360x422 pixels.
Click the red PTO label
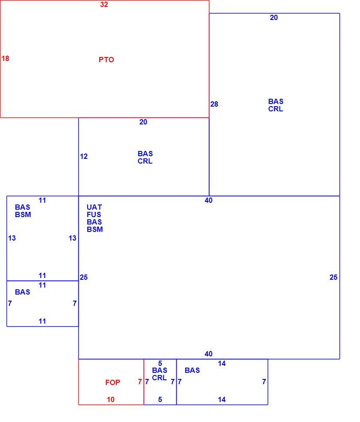(x=106, y=60)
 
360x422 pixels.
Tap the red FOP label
(x=113, y=382)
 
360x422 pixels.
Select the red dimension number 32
(x=104, y=4)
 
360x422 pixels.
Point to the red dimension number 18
(x=5, y=58)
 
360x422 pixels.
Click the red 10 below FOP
(x=111, y=399)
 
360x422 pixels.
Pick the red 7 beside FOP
(x=140, y=382)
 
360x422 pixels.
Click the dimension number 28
(x=214, y=104)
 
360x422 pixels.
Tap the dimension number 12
(x=84, y=156)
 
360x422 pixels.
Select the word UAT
(x=94, y=207)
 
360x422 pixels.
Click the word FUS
(x=94, y=214)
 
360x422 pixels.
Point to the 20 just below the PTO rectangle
(x=143, y=122)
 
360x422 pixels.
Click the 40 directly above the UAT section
(x=209, y=200)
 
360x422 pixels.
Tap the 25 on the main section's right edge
(x=333, y=277)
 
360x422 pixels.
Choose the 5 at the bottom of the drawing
(x=160, y=399)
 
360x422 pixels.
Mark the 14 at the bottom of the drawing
(x=222, y=399)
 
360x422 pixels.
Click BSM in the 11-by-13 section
(x=23, y=214)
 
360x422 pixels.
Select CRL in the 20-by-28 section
(x=276, y=109)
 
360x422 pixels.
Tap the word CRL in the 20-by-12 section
(x=145, y=161)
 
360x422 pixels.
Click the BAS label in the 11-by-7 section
(x=22, y=292)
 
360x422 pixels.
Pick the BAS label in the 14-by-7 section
(x=192, y=370)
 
